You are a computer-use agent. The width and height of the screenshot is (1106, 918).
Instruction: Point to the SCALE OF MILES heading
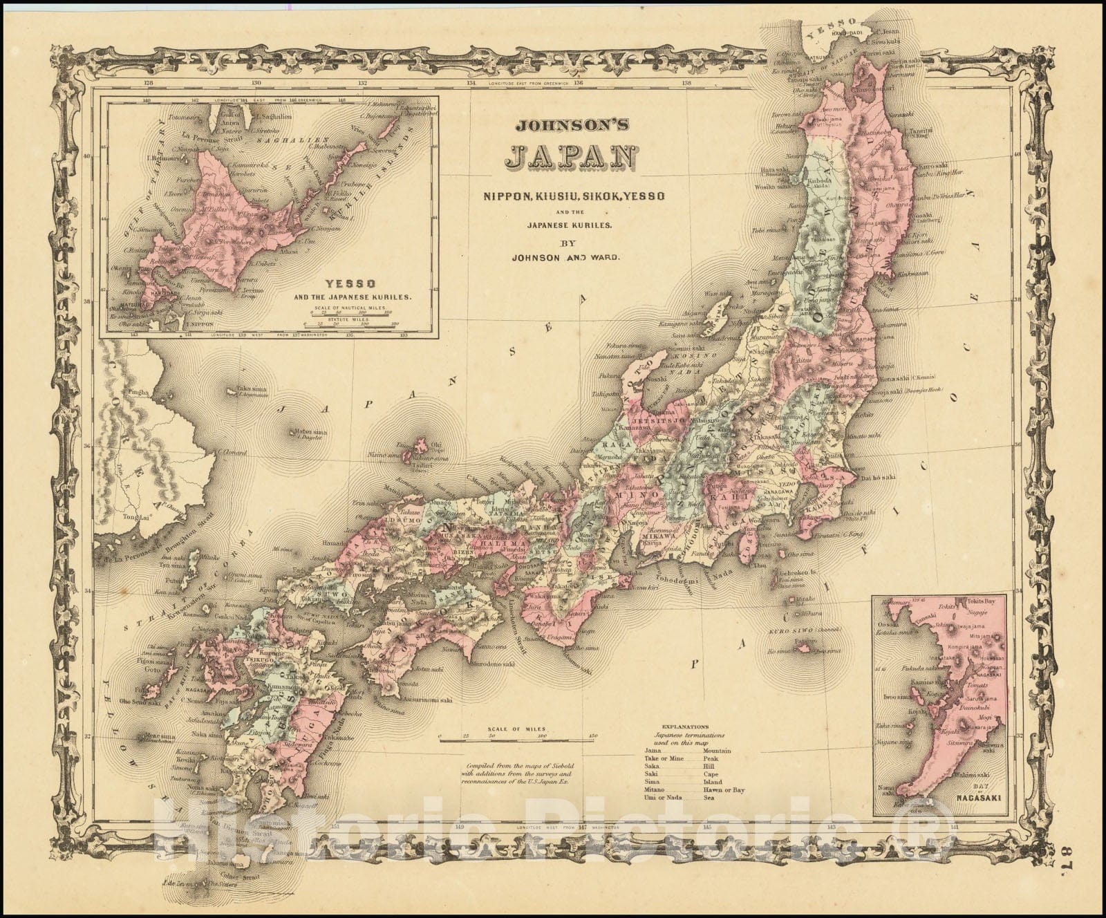point(516,729)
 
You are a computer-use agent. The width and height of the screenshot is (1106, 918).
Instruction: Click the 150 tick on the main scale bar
point(591,736)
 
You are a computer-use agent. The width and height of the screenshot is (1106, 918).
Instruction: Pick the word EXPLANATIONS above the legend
point(684,727)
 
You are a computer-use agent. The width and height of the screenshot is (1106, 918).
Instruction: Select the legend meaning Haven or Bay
point(723,789)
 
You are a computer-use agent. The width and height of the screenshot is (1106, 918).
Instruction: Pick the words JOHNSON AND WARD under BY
point(565,257)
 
